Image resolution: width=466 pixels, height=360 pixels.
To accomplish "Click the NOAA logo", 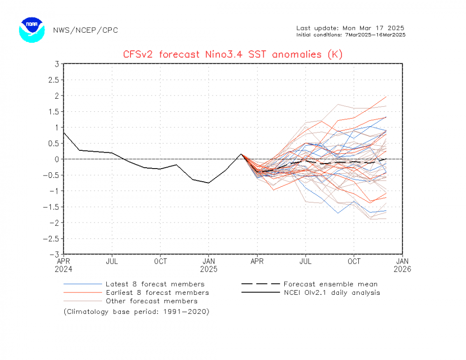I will [x=32, y=30].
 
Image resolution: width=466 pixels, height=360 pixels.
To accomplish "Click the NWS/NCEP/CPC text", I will [x=85, y=30].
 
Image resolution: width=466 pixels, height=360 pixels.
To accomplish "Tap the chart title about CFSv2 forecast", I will [x=233, y=54].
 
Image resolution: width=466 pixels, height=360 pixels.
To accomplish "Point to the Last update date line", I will [x=350, y=27].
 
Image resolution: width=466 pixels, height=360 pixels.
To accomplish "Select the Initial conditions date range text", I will [x=350, y=34].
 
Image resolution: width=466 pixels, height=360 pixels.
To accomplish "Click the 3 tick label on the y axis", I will [x=56, y=64].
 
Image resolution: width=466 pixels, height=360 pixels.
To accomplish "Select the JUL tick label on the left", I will [x=112, y=261].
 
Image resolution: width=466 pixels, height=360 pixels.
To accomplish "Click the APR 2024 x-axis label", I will [x=64, y=265].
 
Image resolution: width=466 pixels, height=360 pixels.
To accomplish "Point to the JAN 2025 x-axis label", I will [x=209, y=265].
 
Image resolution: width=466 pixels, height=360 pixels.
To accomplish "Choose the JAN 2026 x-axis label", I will [x=403, y=265].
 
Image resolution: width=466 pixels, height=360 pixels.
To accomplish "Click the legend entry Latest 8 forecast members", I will [x=155, y=284].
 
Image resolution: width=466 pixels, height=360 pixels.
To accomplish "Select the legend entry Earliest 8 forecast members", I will [x=157, y=292].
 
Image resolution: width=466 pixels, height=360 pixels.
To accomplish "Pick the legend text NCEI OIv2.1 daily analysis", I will [x=331, y=292].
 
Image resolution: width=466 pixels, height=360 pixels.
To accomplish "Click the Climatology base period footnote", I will [x=137, y=312].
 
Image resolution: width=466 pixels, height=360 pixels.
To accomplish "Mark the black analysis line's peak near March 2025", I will [x=241, y=154].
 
